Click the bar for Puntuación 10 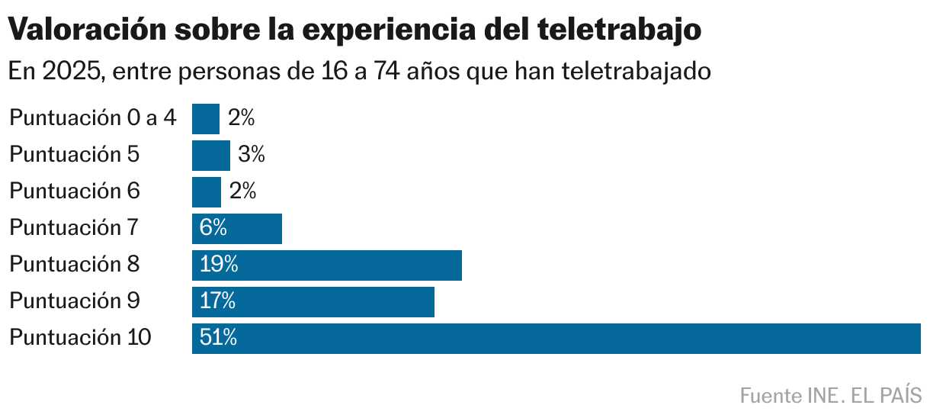(556, 339)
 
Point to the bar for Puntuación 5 (210, 156)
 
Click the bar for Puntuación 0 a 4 (205, 119)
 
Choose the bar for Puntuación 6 (206, 192)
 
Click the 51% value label (219, 338)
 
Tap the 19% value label (219, 265)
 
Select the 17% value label (217, 301)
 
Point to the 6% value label (213, 228)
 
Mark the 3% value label (251, 155)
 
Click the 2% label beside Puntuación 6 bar (242, 191)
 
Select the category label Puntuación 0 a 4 (93, 118)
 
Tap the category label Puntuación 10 (80, 338)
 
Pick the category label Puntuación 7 (75, 228)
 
